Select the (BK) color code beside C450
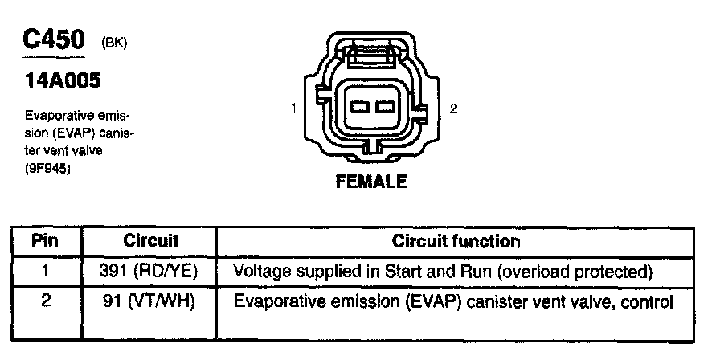tap(113, 44)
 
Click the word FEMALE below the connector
tap(370, 182)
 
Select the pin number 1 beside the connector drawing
tap(295, 108)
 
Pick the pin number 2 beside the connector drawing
tap(454, 108)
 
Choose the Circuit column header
tap(150, 241)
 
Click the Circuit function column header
tap(456, 241)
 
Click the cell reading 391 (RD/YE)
tap(150, 271)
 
